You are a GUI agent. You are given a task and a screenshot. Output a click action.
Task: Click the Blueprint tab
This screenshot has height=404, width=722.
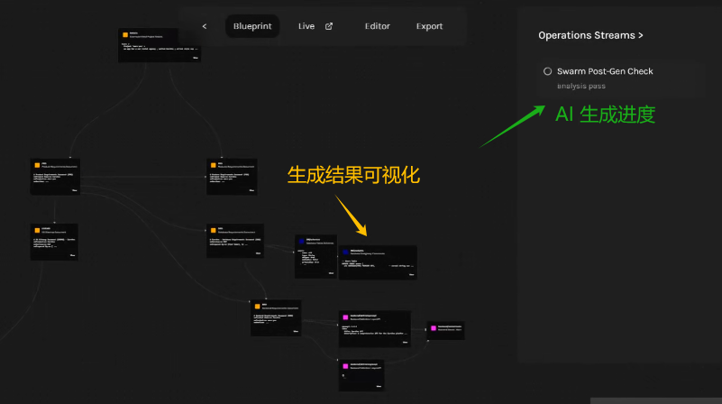point(251,26)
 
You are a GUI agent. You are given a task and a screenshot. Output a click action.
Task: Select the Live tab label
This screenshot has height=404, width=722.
point(306,26)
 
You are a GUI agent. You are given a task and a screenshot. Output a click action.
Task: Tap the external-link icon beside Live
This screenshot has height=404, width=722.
point(329,26)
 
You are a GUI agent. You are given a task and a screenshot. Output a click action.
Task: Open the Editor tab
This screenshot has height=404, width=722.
point(378,26)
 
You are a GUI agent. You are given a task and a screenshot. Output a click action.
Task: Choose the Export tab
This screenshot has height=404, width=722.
point(429,26)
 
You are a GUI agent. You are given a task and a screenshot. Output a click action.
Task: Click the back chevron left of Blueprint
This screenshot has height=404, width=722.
point(205,26)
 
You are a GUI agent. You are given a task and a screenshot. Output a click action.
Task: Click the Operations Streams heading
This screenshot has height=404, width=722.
point(590,35)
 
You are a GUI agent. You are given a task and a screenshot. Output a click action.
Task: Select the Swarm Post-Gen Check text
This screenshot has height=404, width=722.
point(605,71)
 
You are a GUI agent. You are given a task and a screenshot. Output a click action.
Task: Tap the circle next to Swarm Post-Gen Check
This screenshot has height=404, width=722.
point(547,71)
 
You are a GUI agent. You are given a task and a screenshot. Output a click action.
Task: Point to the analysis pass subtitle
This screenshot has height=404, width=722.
point(580,86)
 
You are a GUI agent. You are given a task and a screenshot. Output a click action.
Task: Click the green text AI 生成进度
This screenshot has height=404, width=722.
point(605,115)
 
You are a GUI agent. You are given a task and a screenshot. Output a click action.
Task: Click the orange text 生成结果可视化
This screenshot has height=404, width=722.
point(353,175)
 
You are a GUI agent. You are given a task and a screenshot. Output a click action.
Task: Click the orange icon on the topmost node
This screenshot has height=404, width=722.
point(124,34)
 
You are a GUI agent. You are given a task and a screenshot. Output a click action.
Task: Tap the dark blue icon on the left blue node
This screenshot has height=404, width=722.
point(301,241)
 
